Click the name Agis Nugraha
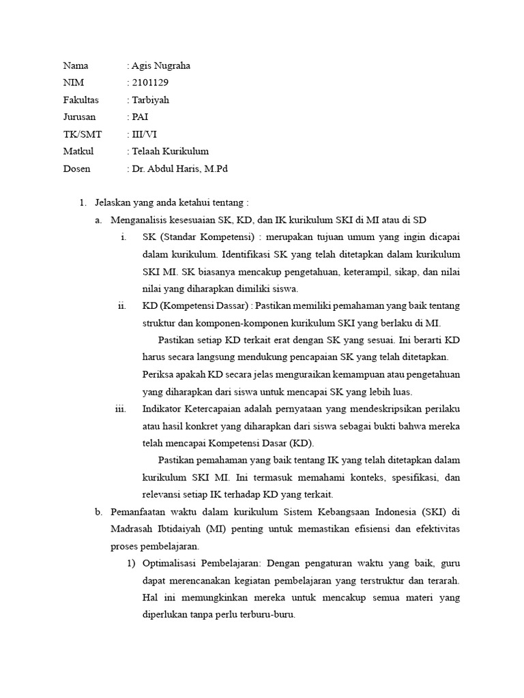click(161, 66)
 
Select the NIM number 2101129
click(149, 83)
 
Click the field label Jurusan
click(79, 117)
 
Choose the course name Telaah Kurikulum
click(170, 151)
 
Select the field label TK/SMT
click(82, 134)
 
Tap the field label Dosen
click(76, 168)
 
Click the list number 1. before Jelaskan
click(83, 202)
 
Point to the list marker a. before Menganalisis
click(99, 219)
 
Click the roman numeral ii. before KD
click(122, 305)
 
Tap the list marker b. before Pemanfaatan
click(99, 512)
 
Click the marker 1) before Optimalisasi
click(132, 564)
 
